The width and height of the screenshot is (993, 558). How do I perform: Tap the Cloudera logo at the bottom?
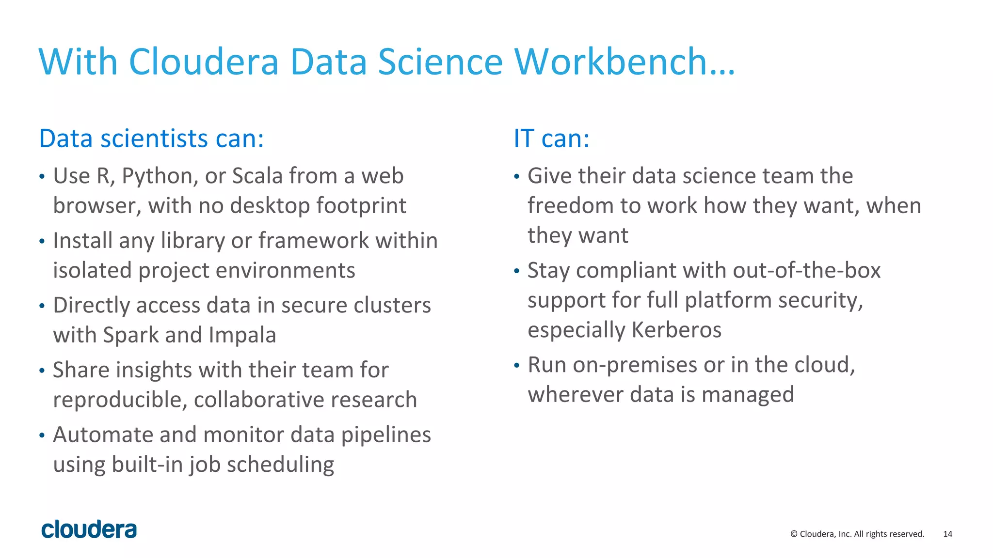[89, 529]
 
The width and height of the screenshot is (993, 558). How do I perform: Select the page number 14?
[947, 534]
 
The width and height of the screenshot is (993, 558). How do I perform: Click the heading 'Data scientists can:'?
[151, 139]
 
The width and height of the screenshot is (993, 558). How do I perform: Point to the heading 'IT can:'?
[551, 139]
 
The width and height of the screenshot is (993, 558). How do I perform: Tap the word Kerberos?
[676, 330]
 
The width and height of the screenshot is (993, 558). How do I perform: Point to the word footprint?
[361, 206]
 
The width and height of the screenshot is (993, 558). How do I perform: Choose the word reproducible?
[120, 400]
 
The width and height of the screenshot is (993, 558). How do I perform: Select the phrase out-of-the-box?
[807, 270]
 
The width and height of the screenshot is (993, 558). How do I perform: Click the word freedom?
[570, 206]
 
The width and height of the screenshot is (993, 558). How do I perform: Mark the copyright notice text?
[857, 534]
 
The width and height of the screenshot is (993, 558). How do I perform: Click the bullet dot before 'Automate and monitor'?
[42, 435]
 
